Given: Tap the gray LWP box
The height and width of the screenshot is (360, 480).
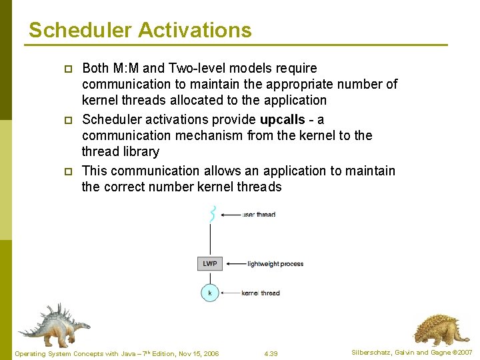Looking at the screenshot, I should [x=210, y=263].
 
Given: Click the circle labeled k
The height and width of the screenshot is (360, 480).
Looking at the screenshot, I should [x=210, y=293].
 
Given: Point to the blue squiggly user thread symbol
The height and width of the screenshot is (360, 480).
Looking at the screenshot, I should [x=211, y=214].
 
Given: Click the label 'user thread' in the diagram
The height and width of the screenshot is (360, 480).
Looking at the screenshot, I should [x=259, y=215].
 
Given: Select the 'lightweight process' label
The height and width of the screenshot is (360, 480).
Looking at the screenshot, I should [x=275, y=264].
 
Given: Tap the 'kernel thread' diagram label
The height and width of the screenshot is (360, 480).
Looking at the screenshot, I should [x=261, y=293].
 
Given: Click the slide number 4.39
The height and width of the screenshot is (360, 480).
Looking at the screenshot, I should [x=271, y=353].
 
